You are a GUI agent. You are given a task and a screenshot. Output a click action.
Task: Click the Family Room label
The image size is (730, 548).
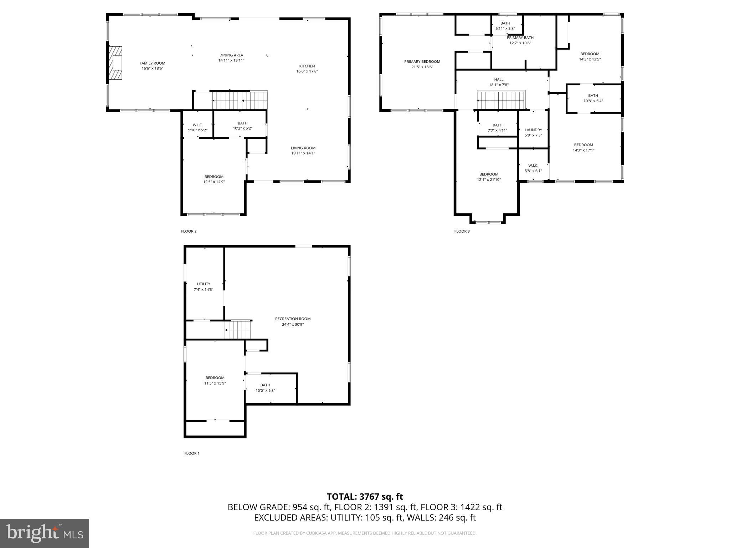tap(152, 63)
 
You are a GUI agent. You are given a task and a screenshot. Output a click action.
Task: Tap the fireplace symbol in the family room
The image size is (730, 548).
tap(116, 63)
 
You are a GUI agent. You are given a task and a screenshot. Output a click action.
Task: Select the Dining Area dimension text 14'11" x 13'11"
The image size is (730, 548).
tap(231, 60)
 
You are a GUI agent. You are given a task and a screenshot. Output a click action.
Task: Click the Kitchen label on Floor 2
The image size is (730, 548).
tap(307, 66)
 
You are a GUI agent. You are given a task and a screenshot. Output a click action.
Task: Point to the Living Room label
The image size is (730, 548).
tap(303, 148)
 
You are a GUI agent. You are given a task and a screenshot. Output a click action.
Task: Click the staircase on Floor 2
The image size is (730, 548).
tap(240, 100)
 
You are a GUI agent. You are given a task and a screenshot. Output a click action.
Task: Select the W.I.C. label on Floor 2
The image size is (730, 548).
tap(197, 125)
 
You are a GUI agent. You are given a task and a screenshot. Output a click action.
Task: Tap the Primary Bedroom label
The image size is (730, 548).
tap(422, 61)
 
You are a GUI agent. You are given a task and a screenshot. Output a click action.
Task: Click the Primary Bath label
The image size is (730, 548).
tap(520, 37)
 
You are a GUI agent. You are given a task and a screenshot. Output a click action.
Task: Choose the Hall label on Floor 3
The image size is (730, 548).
tap(499, 80)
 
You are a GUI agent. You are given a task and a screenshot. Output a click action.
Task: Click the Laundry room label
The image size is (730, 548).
tap(533, 130)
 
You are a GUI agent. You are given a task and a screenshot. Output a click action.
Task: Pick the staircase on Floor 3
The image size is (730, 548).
tap(501, 100)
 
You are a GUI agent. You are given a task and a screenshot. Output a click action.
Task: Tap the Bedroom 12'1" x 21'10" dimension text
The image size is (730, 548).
tap(489, 179)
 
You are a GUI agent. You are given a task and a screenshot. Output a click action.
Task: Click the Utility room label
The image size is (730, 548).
tap(204, 284)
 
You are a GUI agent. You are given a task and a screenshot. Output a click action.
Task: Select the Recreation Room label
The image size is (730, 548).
tap(293, 319)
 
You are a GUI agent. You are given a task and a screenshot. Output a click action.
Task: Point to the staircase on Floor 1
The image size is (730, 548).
tap(238, 330)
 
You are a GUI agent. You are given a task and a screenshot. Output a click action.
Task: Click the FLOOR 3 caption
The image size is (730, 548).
tap(462, 231)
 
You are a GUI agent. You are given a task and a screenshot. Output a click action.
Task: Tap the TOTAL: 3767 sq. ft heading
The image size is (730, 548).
tap(365, 497)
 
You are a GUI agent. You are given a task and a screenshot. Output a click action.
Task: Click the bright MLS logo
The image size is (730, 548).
tap(45, 533)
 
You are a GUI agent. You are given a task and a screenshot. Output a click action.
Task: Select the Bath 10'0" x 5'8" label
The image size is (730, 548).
tap(265, 385)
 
